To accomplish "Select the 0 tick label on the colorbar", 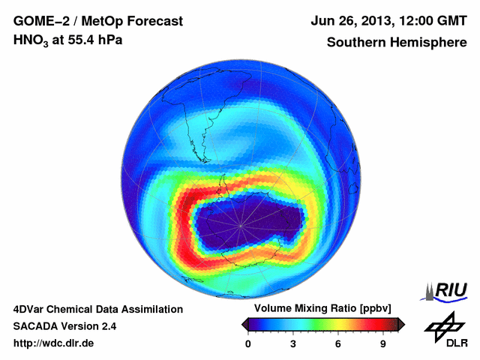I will pos(249,344).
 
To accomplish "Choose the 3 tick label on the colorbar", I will pos(293,344).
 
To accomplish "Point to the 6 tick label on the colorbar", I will pos(338,344).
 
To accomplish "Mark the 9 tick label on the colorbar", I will pos(383,344).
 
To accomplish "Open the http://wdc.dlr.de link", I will pos(54,343).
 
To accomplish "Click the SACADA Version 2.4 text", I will pos(64,326).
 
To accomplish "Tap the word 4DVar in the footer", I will pos(31,309).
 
